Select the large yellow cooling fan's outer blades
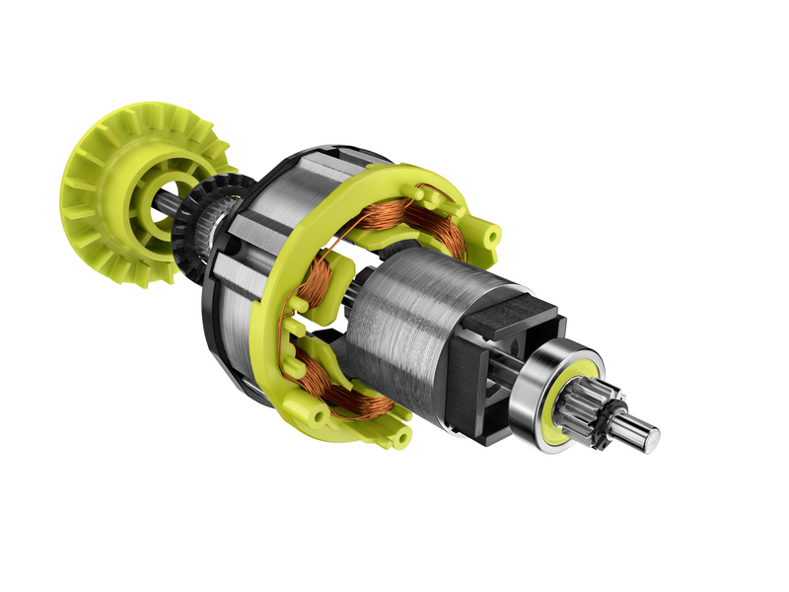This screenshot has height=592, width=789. [94, 207]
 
